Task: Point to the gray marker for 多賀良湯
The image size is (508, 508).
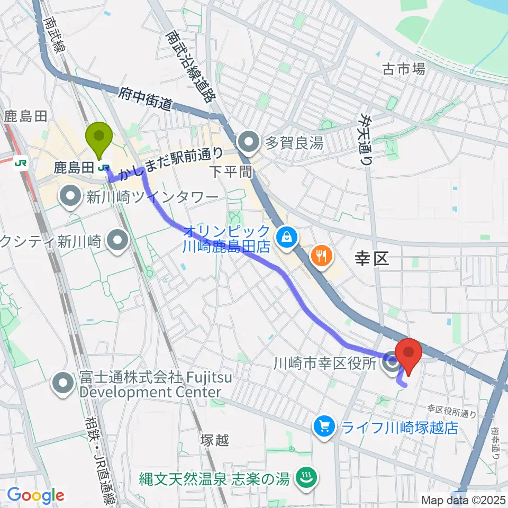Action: [x=247, y=142]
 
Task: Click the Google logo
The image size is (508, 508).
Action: [x=35, y=496]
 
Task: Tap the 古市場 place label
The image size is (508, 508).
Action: [x=404, y=69]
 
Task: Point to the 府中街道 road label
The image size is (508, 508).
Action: [x=145, y=99]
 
